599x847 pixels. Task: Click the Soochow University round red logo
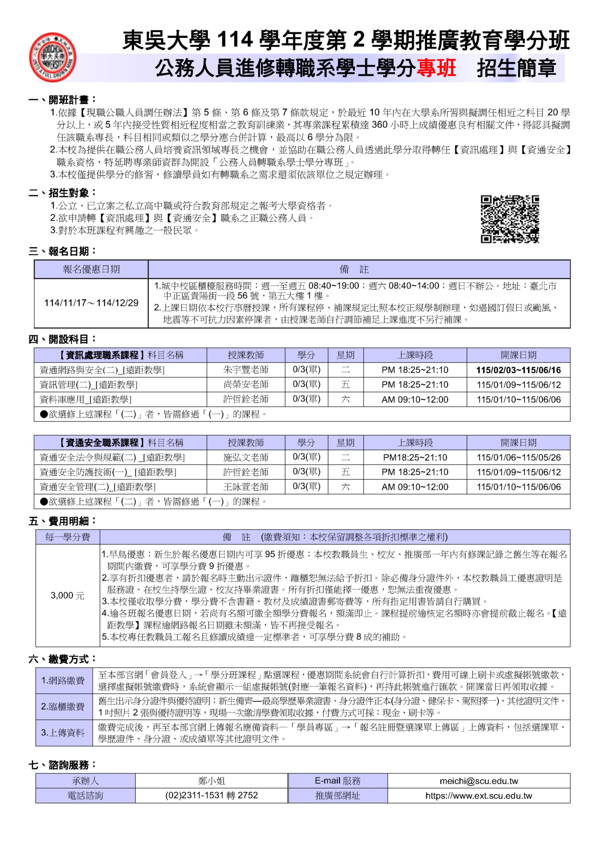(53, 57)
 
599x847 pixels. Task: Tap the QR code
(509, 219)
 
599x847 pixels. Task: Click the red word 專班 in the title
(436, 68)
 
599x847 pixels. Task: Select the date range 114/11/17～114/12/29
(91, 303)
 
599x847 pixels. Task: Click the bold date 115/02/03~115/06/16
(518, 370)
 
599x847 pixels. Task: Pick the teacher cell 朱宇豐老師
(246, 370)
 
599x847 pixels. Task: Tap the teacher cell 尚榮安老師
(246, 384)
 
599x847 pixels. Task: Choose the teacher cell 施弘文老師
(246, 457)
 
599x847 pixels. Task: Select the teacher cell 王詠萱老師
(246, 487)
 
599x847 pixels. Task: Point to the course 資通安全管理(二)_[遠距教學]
(98, 487)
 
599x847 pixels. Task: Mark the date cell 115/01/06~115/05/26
(518, 457)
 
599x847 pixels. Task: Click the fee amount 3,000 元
(68, 595)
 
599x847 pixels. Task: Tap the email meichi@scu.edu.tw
(479, 781)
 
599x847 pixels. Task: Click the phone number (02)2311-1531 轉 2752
(211, 795)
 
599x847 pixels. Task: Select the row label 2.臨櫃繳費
(63, 707)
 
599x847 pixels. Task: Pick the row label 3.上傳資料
(63, 732)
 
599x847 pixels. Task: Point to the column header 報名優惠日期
(91, 269)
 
